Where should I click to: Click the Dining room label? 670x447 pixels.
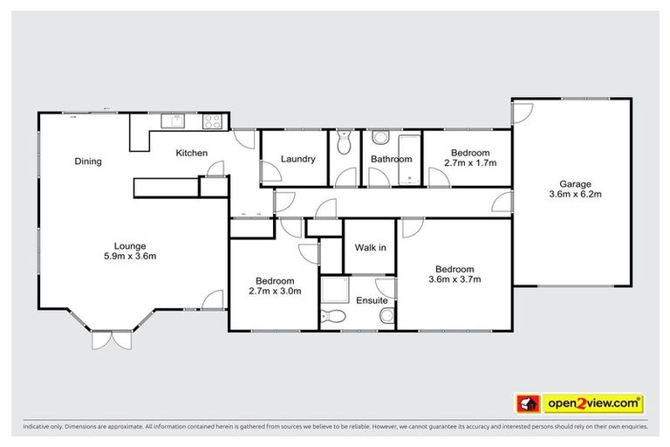(88, 161)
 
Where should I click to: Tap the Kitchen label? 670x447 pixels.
(192, 154)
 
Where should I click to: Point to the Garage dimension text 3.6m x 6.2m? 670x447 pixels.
(576, 195)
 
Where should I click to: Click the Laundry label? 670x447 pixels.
(297, 159)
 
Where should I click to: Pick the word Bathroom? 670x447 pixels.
(391, 159)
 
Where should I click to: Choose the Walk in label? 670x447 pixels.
(370, 247)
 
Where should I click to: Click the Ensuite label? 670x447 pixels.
(372, 300)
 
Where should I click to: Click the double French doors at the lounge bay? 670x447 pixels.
(112, 340)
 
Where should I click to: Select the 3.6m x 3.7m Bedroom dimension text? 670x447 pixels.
(455, 279)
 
